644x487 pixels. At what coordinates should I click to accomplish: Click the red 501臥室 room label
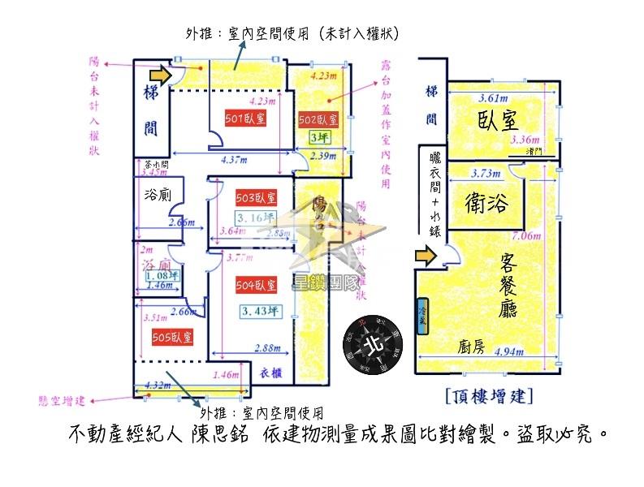pos(245,119)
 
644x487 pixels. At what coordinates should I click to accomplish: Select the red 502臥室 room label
pos(318,120)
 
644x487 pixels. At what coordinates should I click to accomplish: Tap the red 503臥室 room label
pos(256,198)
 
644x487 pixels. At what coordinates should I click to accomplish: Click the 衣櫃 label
pos(272,373)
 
